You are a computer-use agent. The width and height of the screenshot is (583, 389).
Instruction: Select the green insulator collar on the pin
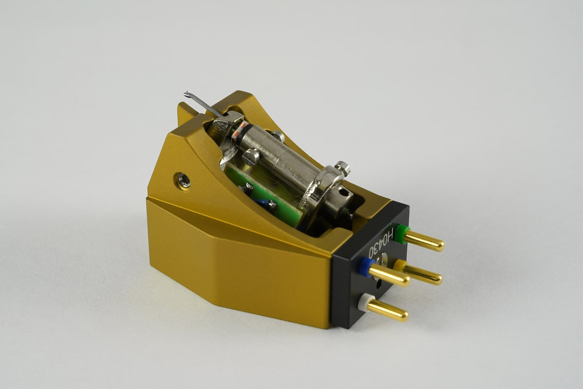[401, 232]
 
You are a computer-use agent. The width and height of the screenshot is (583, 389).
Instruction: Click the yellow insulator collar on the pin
[401, 266]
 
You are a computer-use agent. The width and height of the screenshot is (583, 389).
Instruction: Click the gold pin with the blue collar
[388, 276]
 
